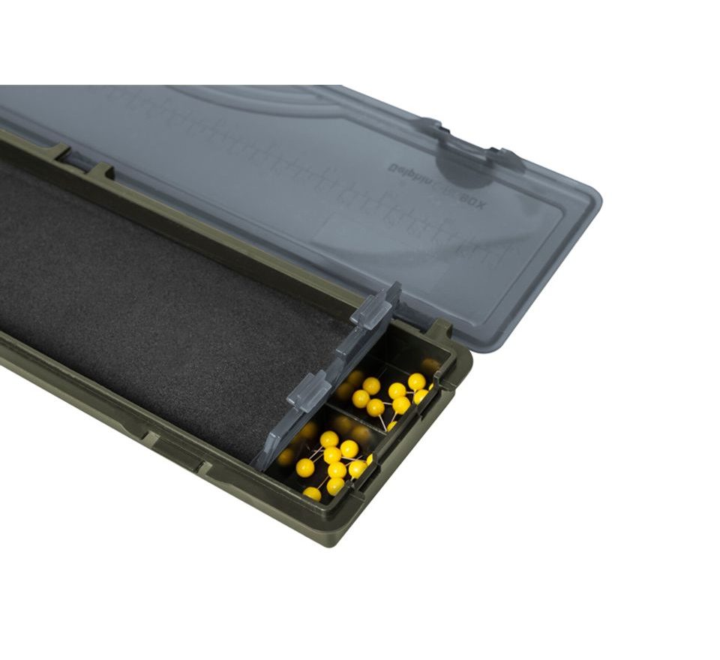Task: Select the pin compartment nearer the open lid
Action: [390, 390]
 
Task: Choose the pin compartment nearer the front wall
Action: [330, 457]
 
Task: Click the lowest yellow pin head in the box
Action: [312, 493]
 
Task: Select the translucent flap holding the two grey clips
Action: [330, 375]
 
